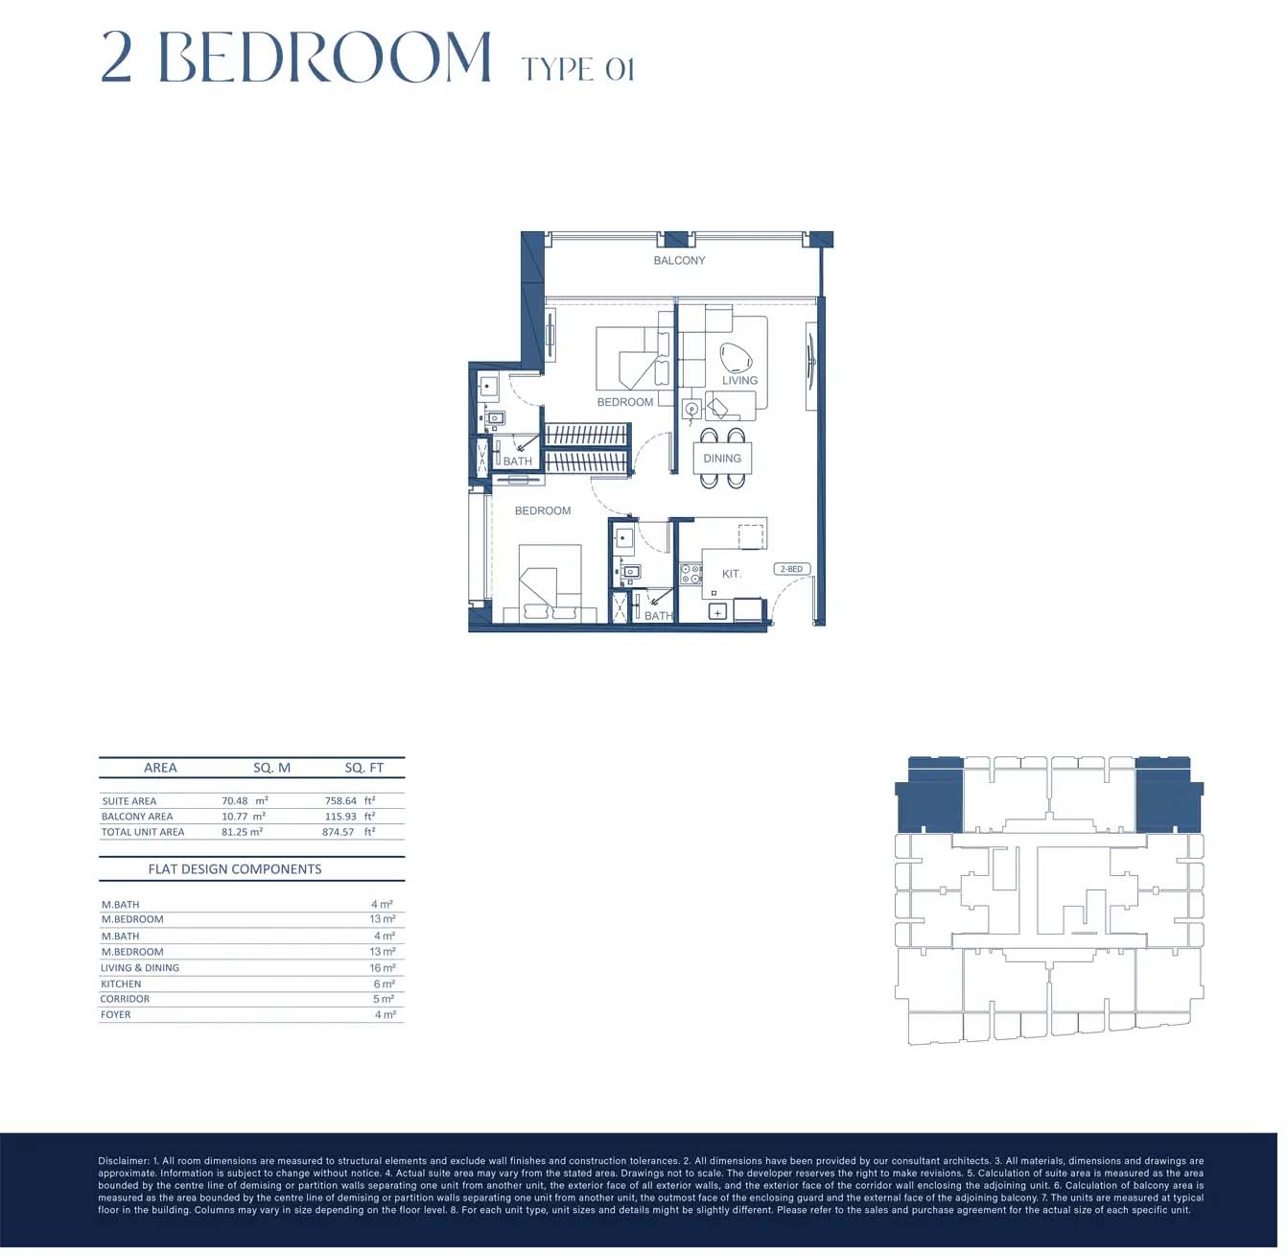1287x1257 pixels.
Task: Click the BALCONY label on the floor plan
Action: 679,261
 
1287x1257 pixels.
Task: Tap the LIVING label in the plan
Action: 739,380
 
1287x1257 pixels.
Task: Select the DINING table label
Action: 721,459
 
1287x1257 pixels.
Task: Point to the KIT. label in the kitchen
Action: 731,574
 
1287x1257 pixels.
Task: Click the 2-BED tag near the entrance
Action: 791,569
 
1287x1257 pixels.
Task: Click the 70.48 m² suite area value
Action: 245,800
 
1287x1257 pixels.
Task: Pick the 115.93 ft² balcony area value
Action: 350,817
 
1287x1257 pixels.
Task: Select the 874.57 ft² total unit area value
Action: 348,832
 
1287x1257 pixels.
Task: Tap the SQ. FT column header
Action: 363,768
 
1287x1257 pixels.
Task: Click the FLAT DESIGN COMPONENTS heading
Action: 235,869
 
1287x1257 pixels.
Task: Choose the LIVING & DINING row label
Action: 140,968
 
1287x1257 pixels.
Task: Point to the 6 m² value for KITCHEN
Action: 384,984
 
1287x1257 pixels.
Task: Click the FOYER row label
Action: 116,1015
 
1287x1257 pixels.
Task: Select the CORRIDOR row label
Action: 125,999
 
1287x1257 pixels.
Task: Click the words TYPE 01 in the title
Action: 578,69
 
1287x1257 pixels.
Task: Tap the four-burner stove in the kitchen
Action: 690,574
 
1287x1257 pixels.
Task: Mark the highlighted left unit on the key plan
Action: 929,795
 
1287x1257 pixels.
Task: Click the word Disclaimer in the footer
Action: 123,1160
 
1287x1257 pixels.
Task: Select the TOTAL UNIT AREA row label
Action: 143,832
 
